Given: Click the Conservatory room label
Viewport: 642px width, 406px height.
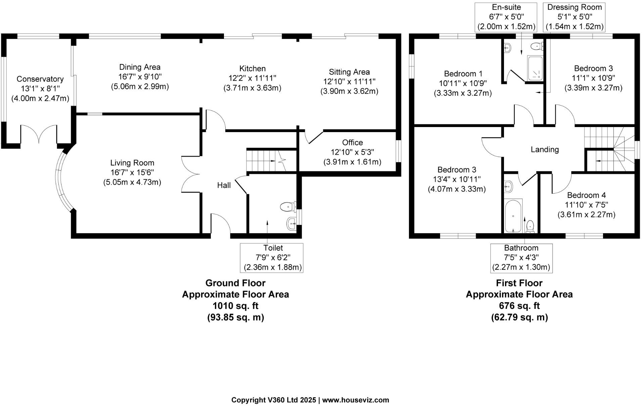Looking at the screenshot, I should pos(40,79).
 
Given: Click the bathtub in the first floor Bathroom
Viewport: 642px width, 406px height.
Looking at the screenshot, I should pos(513,215).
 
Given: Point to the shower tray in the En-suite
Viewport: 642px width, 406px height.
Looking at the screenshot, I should pos(535,69).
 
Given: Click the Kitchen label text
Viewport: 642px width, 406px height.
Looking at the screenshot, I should pos(253,69).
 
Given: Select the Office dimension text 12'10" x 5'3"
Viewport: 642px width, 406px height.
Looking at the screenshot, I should pos(353,152).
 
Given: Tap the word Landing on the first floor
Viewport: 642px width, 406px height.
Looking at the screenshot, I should pos(545,149).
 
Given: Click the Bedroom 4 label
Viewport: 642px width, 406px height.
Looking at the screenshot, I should pos(586,195).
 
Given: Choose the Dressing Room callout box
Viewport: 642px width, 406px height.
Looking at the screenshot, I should pos(575,17).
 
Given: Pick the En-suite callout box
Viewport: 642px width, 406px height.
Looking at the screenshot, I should pos(506,17).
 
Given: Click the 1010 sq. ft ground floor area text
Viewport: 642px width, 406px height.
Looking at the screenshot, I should pos(235,306).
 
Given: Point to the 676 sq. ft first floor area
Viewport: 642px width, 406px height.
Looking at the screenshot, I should pos(519,306).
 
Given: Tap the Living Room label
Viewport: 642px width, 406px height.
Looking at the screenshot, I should pos(132,163).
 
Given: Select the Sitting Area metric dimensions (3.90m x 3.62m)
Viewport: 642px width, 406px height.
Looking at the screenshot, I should pos(349,91).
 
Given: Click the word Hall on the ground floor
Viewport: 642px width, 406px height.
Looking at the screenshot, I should pos(224,185).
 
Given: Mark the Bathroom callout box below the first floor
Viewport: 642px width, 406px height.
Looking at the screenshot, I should pos(521,258).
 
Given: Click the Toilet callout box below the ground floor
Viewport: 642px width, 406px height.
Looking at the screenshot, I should pos(272,258).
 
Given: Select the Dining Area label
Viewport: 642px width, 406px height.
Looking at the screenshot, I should pos(140,67).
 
